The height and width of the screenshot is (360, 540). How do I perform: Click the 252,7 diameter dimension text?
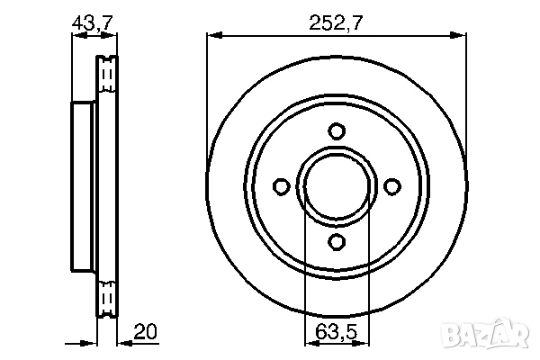pyautogui.click(x=337, y=23)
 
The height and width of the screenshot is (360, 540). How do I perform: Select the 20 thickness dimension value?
pyautogui.click(x=143, y=331)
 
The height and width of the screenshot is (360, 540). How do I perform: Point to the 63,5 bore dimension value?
pyautogui.click(x=337, y=331)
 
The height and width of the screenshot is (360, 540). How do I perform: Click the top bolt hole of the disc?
pyautogui.click(x=337, y=131)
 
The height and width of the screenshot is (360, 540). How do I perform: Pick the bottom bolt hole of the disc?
pyautogui.click(x=337, y=241)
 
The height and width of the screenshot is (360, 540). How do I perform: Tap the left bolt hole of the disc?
pyautogui.click(x=281, y=186)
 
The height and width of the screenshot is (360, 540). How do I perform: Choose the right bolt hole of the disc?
pyautogui.click(x=391, y=186)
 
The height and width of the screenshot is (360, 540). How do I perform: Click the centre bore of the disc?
pyautogui.click(x=337, y=186)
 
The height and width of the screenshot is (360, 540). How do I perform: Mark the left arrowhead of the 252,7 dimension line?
pyautogui.click(x=212, y=35)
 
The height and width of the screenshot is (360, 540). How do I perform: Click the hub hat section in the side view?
pyautogui.click(x=83, y=186)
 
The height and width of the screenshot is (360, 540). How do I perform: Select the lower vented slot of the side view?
pyautogui.click(x=108, y=297)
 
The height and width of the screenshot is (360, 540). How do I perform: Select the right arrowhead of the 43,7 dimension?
pyautogui.click(x=112, y=35)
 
